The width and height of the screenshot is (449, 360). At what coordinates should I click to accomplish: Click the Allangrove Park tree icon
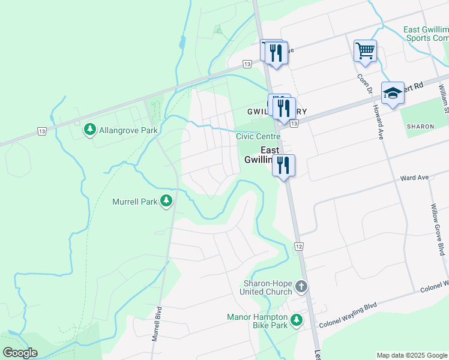90,129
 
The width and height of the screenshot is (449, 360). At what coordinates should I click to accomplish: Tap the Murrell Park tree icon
167,202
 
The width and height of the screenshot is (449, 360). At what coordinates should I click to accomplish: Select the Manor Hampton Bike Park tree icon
296,321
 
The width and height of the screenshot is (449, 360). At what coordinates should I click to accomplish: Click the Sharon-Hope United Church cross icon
301,287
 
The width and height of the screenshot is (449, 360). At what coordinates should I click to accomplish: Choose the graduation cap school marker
393,93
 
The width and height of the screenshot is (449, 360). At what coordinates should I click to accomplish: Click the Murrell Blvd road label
157,325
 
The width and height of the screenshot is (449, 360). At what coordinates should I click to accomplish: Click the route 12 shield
298,247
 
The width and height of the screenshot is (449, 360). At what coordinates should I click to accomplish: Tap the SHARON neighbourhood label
420,127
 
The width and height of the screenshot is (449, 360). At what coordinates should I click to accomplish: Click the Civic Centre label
258,137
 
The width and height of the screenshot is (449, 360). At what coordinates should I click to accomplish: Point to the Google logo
20,353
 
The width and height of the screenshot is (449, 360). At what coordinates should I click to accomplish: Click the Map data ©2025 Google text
411,355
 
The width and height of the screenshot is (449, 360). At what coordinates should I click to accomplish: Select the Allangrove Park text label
128,130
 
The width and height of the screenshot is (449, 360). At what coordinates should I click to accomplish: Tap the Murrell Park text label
134,202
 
